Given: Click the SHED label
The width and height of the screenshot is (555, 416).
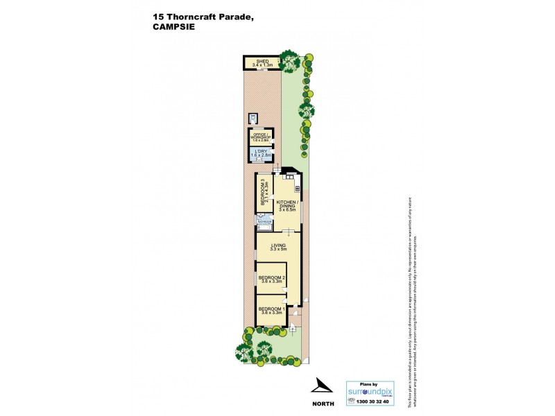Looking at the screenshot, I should click(262, 61).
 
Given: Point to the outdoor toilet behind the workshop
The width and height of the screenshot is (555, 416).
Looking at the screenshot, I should click(254, 119).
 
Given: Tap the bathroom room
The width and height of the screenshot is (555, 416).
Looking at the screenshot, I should click(264, 221).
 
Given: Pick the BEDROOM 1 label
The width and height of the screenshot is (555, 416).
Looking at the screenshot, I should click(271, 309).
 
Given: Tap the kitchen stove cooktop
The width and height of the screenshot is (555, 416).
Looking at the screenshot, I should click(297, 188).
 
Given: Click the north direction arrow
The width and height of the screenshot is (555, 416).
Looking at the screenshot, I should click(320, 385).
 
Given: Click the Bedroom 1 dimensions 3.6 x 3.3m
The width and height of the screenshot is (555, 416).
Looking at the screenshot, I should click(271, 313).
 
